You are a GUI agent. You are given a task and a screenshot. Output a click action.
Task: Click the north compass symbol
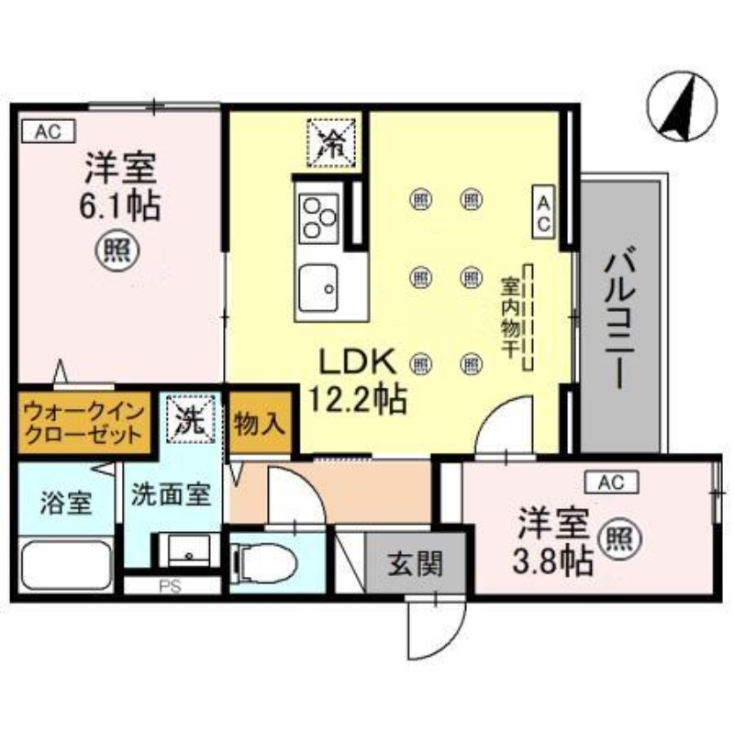click(680, 107)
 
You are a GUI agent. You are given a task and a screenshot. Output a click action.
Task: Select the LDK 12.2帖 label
click(357, 381)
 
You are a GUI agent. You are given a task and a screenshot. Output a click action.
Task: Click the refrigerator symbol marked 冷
click(329, 142)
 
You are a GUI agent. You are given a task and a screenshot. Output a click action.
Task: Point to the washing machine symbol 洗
click(189, 421)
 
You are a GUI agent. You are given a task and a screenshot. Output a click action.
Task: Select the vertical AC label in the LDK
click(543, 212)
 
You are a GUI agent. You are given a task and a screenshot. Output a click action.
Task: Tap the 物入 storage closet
click(261, 423)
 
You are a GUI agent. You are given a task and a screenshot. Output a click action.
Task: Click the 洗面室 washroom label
click(171, 495)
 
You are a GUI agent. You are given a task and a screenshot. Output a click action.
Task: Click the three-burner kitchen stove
click(318, 218)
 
